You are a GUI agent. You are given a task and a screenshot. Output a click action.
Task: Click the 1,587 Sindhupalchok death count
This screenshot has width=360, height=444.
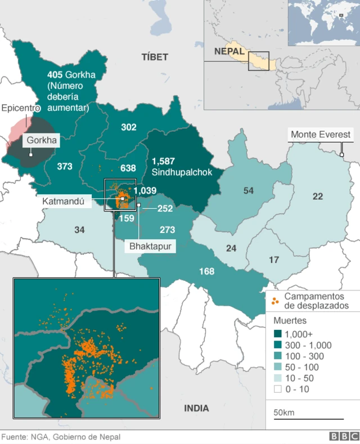(163, 161)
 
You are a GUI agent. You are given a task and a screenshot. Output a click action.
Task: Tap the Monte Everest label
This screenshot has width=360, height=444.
(320, 134)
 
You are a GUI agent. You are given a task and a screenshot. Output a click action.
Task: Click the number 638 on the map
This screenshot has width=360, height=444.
(128, 168)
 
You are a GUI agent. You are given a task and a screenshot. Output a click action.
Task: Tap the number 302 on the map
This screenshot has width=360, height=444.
(129, 127)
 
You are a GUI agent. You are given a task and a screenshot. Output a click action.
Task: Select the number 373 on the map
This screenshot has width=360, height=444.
(65, 166)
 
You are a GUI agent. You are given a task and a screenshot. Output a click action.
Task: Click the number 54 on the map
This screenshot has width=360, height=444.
(248, 191)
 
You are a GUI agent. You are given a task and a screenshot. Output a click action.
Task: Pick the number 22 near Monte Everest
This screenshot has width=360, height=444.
(318, 196)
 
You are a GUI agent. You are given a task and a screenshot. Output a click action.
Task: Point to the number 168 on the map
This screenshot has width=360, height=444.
(206, 271)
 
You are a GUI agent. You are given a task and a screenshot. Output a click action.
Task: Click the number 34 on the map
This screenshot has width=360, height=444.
(79, 229)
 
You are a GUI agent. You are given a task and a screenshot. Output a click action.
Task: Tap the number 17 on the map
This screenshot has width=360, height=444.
(274, 259)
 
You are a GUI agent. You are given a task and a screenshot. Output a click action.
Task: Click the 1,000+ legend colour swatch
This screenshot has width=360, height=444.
(278, 334)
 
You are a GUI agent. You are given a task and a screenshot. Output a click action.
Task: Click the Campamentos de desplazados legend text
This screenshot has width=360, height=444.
(316, 301)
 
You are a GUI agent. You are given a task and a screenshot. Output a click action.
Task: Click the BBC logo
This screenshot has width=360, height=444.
(344, 437)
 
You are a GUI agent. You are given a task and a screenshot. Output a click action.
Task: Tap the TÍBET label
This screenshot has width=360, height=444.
(155, 57)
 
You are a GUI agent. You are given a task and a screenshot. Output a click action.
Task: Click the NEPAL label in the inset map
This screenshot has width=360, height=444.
(229, 51)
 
